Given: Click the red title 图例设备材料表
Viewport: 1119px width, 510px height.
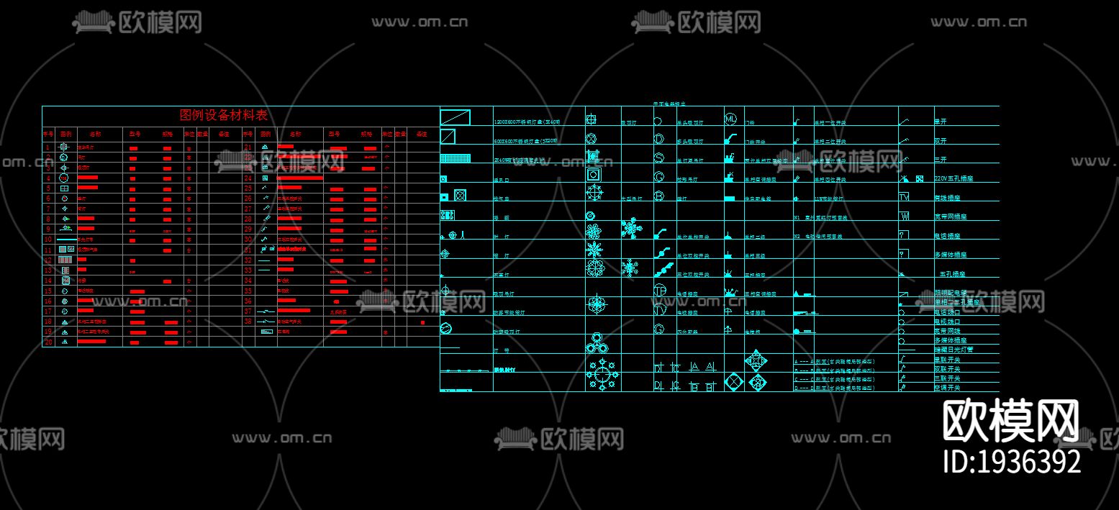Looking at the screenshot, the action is tap(223, 115).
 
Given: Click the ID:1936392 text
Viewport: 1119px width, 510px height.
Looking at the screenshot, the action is tap(1012, 461).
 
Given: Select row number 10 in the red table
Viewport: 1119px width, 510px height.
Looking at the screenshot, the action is tap(47, 239).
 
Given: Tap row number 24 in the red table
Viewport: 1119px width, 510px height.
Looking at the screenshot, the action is tap(248, 178).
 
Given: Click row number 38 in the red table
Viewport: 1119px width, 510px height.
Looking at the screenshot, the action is tap(248, 322).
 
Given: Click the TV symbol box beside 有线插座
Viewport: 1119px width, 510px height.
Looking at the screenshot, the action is tap(904, 196).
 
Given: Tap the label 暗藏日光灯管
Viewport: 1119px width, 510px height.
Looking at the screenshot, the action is tap(953, 350).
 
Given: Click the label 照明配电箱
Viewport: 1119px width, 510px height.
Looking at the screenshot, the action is tap(951, 293).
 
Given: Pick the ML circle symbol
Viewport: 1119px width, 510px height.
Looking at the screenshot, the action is tap(730, 119).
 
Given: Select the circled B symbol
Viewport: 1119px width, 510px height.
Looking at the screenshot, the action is tap(658, 196).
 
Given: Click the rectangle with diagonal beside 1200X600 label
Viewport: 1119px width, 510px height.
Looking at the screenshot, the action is tap(455, 117).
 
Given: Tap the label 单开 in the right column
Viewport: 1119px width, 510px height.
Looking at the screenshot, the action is tap(940, 122).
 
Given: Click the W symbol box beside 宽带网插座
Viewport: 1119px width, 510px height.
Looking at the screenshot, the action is tap(904, 216).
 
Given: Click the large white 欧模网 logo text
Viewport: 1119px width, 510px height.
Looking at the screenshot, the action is tap(1011, 422).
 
